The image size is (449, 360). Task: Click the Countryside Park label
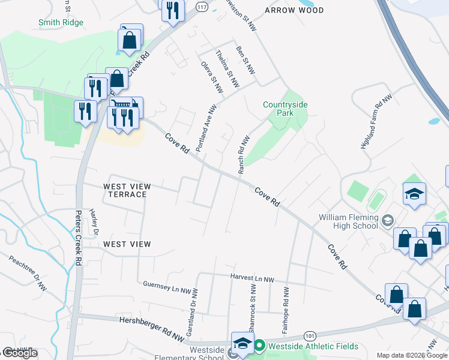click(x=285, y=109)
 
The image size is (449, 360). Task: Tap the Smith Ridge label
click(x=61, y=22)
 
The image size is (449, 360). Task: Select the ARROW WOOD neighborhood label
click(x=294, y=10)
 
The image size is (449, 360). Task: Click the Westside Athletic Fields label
click(x=313, y=346)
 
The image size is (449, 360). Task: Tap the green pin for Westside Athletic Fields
click(x=259, y=346)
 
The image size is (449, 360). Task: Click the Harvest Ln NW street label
click(x=252, y=279)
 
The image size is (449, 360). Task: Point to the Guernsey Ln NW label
click(x=165, y=284)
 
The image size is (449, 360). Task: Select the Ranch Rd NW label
click(x=243, y=155)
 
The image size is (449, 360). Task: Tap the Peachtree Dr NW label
click(x=28, y=269)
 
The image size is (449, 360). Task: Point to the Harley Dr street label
click(x=94, y=221)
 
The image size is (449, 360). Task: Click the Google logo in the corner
click(x=20, y=353)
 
